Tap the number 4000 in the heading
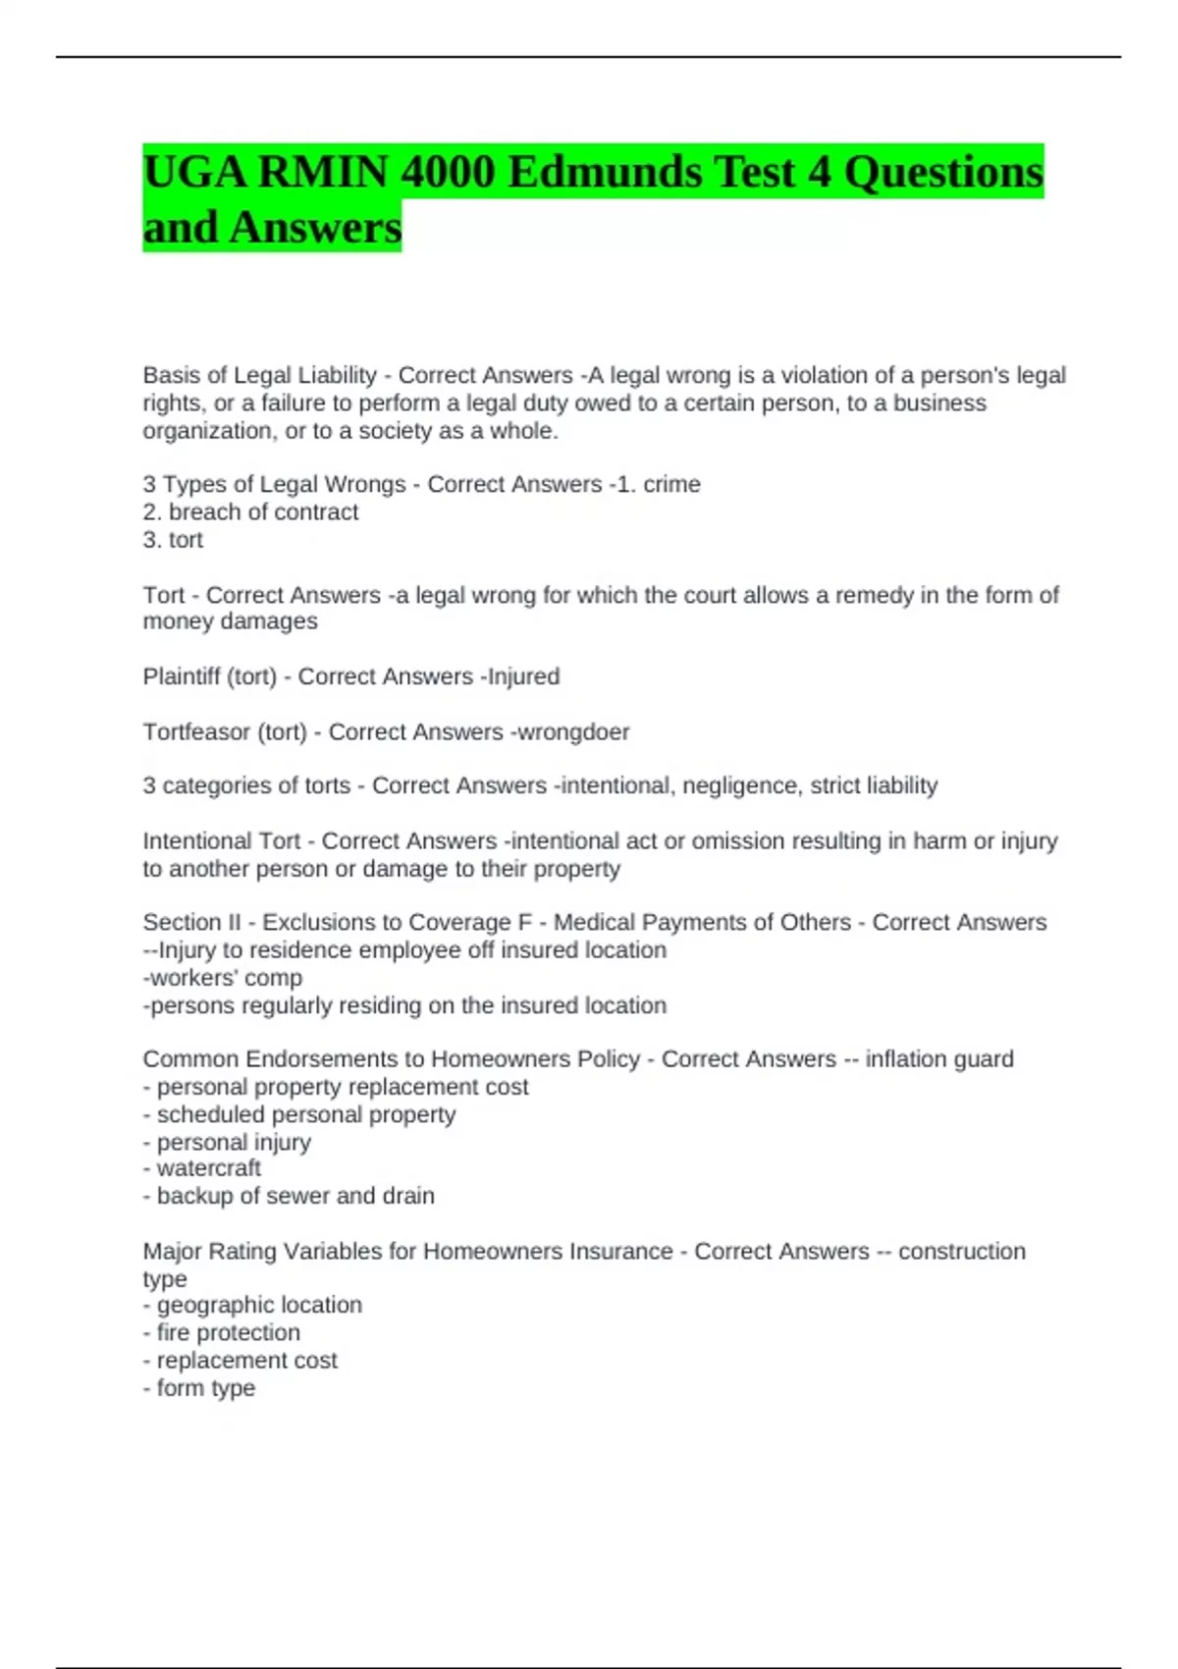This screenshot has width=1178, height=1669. [447, 173]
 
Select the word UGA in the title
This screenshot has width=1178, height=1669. [193, 173]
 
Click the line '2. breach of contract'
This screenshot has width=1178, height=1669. [250, 511]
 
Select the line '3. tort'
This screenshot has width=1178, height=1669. [173, 539]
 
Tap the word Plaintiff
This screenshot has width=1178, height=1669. [182, 676]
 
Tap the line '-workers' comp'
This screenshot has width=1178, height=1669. [223, 978]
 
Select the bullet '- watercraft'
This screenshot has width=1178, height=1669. [202, 1168]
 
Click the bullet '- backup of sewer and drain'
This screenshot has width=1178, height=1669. [289, 1196]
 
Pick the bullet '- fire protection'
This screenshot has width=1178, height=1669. [222, 1332]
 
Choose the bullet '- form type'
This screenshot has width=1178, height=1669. [199, 1388]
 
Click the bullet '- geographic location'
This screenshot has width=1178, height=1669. [252, 1305]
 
